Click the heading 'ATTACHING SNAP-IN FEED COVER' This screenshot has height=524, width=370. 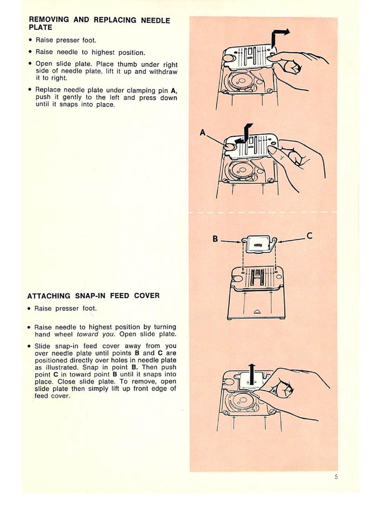tap(93, 295)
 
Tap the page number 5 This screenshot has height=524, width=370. tap(336, 477)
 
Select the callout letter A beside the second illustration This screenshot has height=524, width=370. tap(203, 133)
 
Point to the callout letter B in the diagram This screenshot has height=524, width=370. tap(215, 238)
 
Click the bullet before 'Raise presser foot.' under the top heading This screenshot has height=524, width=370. tap(30, 40)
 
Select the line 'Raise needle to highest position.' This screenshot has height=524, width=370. tap(90, 52)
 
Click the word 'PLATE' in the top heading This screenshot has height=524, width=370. tap(41, 28)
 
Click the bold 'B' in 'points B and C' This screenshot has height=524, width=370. tap(137, 353)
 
